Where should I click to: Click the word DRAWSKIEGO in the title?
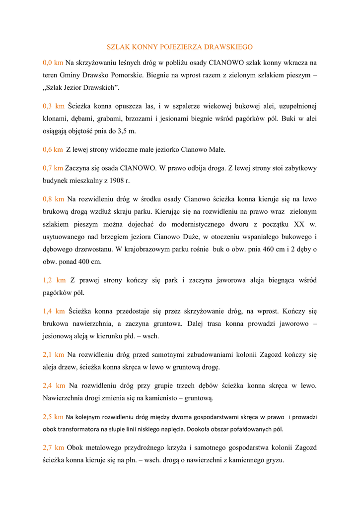(x=227, y=47)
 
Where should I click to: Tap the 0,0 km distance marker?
(x=53, y=63)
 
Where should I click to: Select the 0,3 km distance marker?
(x=54, y=106)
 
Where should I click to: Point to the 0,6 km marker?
(x=53, y=149)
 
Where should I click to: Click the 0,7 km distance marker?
(x=53, y=168)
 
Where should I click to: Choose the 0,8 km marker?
(x=53, y=199)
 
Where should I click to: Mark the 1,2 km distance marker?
(x=54, y=280)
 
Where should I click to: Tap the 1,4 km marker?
(x=54, y=312)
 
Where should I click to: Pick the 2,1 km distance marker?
(x=53, y=355)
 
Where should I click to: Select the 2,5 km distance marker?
(x=53, y=417)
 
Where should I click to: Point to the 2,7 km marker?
(x=53, y=447)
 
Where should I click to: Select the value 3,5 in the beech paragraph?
(x=122, y=131)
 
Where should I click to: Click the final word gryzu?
(x=274, y=460)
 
